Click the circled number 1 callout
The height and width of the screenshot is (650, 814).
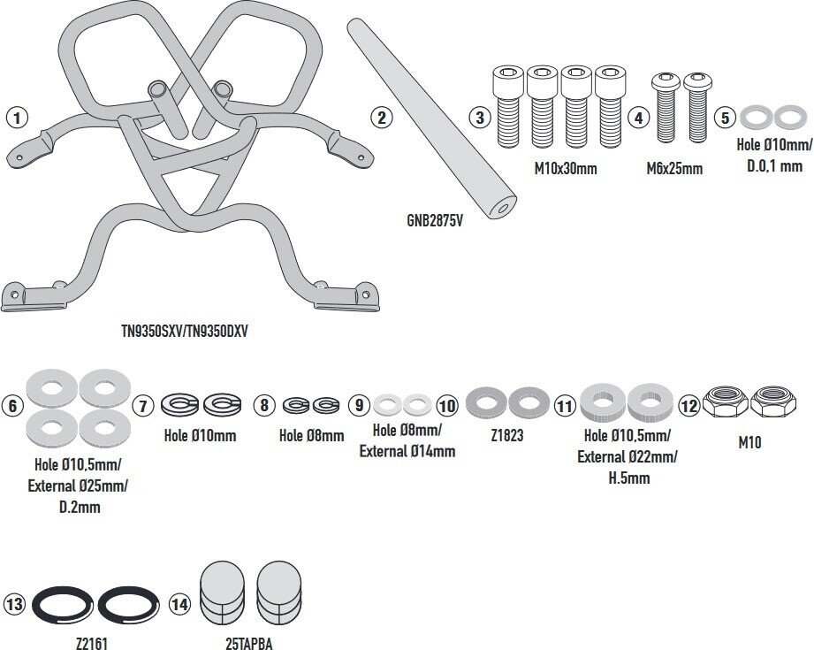click(x=17, y=118)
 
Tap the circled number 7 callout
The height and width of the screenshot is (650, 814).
click(x=143, y=405)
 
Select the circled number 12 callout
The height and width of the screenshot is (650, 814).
click(x=688, y=405)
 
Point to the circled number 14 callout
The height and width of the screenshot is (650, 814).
click(x=180, y=604)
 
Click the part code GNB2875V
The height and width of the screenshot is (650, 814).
click(x=435, y=221)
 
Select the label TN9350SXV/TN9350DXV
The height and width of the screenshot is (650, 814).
click(x=185, y=331)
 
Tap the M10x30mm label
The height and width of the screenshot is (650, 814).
click(x=566, y=168)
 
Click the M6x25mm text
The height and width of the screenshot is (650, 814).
click(x=674, y=168)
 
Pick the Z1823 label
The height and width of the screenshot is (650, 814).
click(x=506, y=435)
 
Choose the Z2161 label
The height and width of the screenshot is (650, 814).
click(x=92, y=644)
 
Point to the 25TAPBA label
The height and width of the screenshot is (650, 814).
click(x=249, y=644)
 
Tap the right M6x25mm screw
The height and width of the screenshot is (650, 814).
click(x=697, y=108)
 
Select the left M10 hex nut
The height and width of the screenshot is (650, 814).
click(x=726, y=401)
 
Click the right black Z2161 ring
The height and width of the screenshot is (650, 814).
click(x=128, y=606)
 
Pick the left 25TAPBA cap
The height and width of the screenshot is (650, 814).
click(x=222, y=593)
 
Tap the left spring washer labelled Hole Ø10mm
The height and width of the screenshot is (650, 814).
click(x=179, y=405)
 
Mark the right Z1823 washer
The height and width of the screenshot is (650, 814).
click(x=529, y=402)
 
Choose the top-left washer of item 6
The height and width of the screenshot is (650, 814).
click(x=52, y=387)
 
